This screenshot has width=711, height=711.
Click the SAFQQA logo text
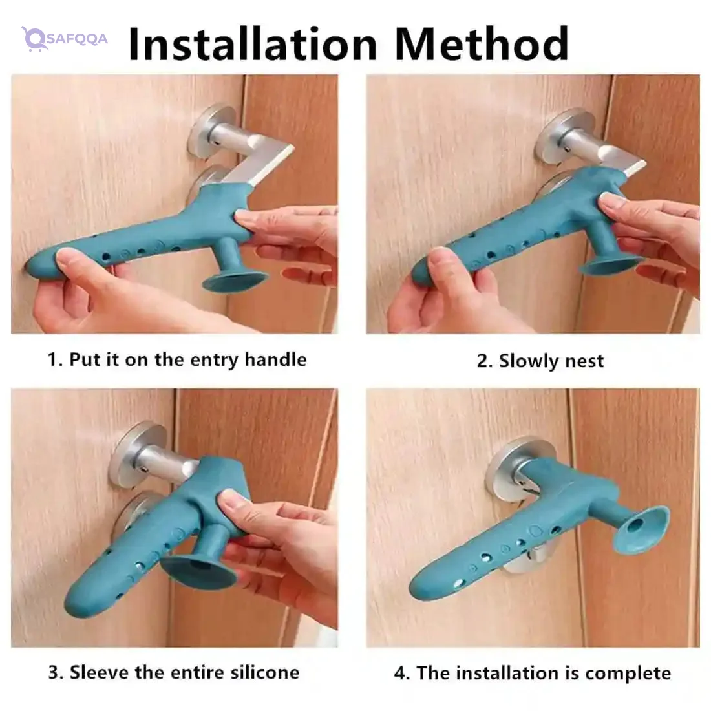click(77, 39)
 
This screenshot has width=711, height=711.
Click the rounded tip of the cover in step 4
click(421, 588)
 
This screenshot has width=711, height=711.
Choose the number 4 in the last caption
click(399, 674)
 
